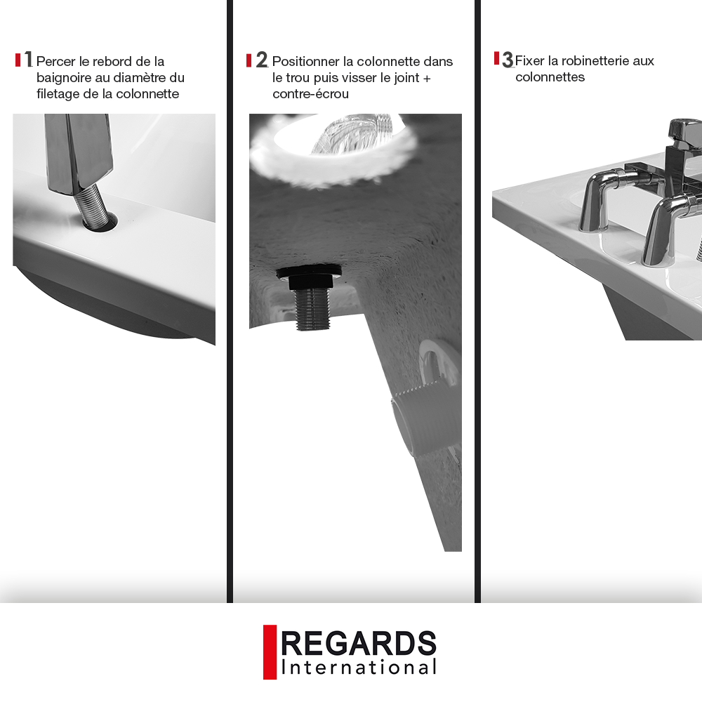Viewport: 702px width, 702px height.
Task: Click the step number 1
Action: point(29,59)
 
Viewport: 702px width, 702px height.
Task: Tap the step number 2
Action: point(261,60)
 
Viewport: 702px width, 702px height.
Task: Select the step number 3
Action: point(508,60)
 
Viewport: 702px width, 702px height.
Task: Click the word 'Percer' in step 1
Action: point(56,61)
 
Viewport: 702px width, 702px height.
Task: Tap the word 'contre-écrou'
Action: point(310,94)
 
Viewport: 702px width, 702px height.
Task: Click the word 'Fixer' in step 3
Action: point(529,60)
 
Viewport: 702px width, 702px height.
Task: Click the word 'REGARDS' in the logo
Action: point(358,643)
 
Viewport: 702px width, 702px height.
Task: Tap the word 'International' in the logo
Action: point(358,668)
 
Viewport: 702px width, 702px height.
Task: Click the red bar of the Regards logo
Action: point(270,652)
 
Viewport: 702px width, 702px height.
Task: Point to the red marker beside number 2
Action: point(249,60)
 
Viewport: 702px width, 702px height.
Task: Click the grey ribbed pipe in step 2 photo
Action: point(427,421)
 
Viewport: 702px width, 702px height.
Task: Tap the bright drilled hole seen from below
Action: point(333,143)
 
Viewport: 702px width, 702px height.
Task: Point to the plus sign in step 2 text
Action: point(426,79)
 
